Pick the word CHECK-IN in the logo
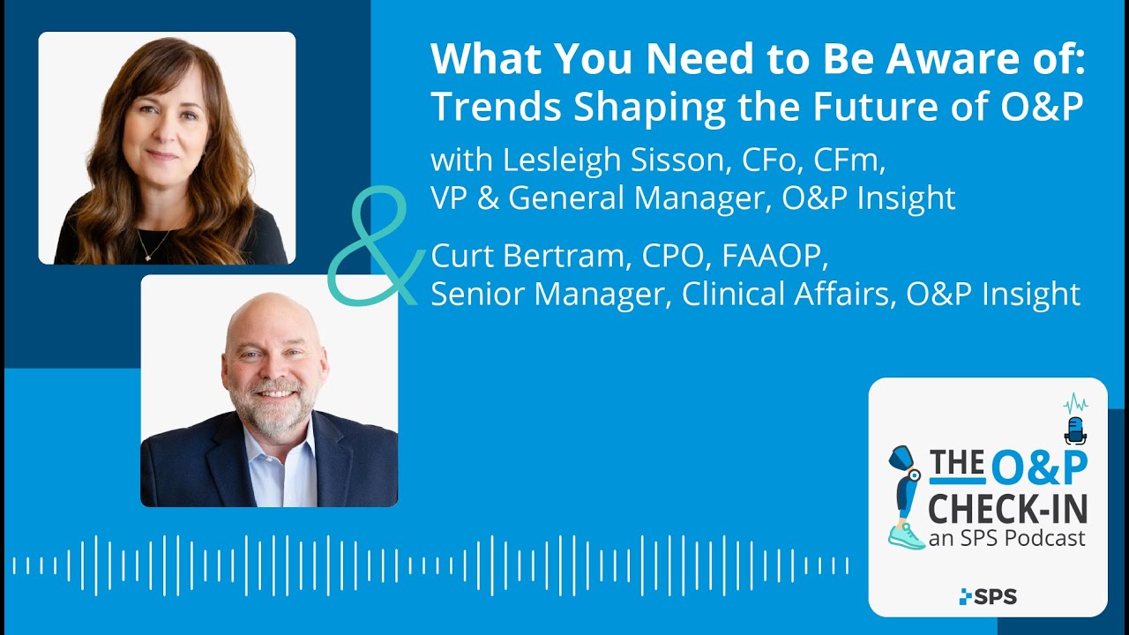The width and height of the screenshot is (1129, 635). tap(1006, 508)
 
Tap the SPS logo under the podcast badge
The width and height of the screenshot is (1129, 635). tap(988, 597)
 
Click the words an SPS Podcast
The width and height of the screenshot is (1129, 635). tap(1006, 537)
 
